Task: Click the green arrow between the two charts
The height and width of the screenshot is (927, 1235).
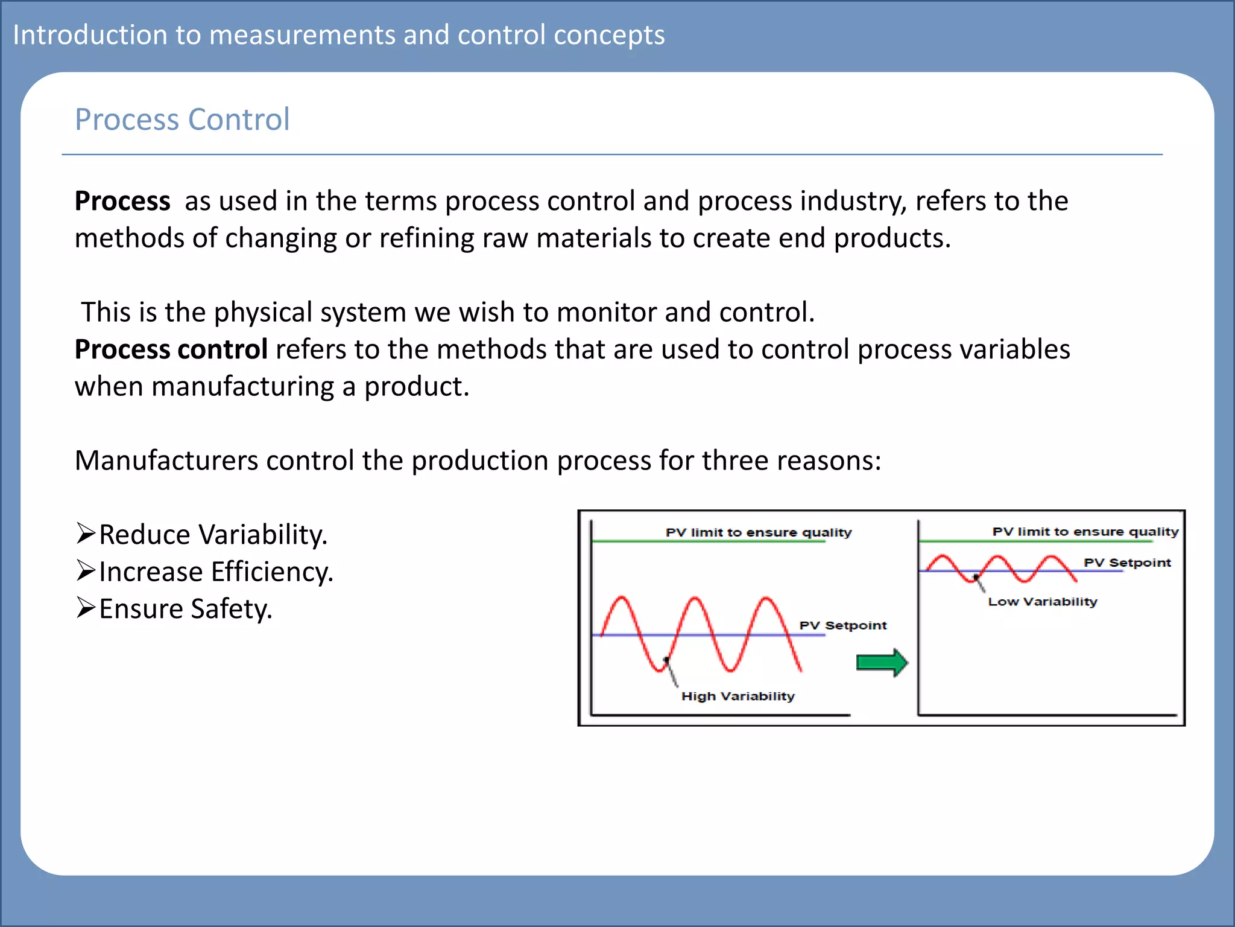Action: point(882,663)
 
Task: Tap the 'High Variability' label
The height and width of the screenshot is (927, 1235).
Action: point(738,696)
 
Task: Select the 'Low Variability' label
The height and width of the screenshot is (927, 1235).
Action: point(1042,601)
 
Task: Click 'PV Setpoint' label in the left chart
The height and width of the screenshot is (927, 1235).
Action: point(842,625)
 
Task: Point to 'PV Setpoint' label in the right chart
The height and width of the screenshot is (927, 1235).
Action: point(1126,562)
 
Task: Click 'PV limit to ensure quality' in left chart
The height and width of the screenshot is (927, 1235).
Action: point(758,532)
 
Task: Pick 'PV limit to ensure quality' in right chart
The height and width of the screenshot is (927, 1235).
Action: point(1085,532)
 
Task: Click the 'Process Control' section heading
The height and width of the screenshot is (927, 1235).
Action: point(182,119)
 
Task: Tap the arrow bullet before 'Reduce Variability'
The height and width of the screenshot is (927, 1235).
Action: point(86,534)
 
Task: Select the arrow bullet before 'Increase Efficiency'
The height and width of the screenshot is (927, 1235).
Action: point(86,571)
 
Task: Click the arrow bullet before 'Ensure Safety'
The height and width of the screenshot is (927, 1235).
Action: point(86,608)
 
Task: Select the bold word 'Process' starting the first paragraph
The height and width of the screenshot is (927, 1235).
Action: point(122,201)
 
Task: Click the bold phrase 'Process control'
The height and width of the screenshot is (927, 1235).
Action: point(171,349)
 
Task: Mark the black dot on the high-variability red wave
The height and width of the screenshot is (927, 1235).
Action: point(666,660)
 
